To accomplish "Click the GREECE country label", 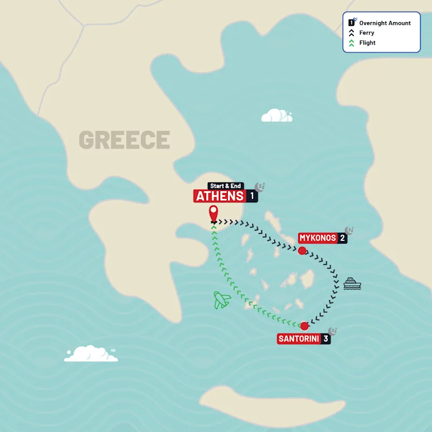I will [x=124, y=140].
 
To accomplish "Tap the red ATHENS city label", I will [x=220, y=196].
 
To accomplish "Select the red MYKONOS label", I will [x=318, y=238].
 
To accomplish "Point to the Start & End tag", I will [x=226, y=186].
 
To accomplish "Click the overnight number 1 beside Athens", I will [x=252, y=196].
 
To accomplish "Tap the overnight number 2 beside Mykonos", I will [x=342, y=238].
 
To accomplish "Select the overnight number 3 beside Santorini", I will [x=326, y=339].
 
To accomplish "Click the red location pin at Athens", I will [x=214, y=213].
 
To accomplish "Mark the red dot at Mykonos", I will [x=302, y=250].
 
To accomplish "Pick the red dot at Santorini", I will [x=305, y=326].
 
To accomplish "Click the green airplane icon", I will [x=221, y=300].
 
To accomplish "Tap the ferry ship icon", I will [x=352, y=283].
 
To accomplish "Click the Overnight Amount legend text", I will [x=385, y=23].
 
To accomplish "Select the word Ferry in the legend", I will [x=367, y=33].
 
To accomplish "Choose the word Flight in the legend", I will [x=367, y=43].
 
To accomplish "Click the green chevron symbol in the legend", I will [x=351, y=43].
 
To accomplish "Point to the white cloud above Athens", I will [x=276, y=116].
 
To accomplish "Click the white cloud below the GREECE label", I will [x=91, y=354].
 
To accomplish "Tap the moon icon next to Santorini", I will [x=333, y=330].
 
